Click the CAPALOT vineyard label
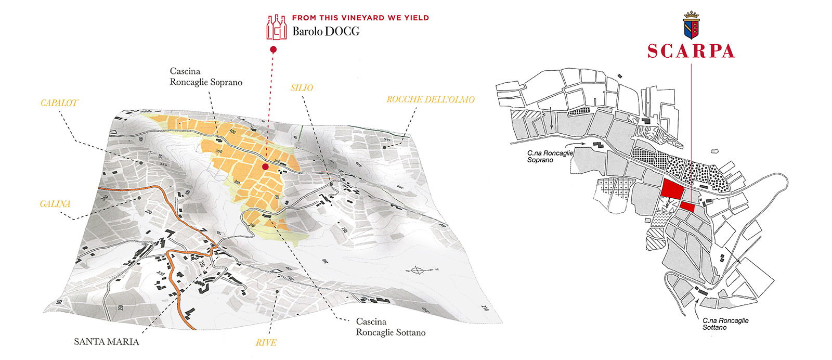click(59, 103)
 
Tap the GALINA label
click(55, 204)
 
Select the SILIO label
click(302, 88)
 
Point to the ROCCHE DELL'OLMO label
click(430, 99)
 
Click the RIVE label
click(266, 343)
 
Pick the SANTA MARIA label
click(106, 342)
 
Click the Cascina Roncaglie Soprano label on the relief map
click(206, 76)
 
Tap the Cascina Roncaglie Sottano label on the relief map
click(391, 327)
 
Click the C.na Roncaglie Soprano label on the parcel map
click(550, 157)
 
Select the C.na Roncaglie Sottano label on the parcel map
click(725, 324)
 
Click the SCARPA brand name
click(691, 51)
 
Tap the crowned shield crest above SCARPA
click(691, 25)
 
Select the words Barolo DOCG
click(326, 31)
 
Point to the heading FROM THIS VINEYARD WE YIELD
click(360, 18)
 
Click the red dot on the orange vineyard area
click(265, 167)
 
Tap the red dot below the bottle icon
click(273, 49)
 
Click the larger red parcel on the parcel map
click(672, 188)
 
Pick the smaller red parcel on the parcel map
click(687, 207)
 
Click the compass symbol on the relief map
click(417, 270)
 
